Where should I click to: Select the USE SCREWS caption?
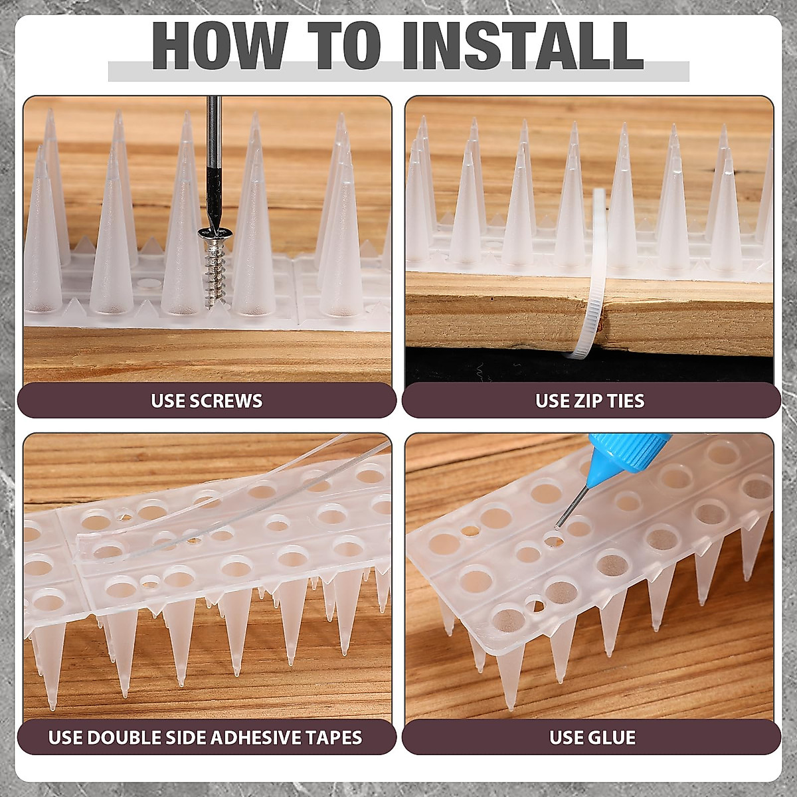pos(207,400)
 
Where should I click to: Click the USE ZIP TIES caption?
pos(590,400)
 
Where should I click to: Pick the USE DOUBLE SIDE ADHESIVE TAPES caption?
pos(205,737)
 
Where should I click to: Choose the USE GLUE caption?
pos(592,737)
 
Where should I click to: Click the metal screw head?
pos(213,233)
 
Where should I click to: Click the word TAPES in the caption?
pos(335,737)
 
